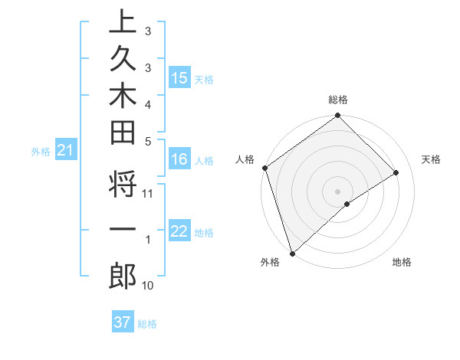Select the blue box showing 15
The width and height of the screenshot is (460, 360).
[x=179, y=77]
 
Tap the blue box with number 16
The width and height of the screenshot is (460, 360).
[x=179, y=159]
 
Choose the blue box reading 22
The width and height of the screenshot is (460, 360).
[x=179, y=232]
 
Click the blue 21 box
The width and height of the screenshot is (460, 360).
[x=66, y=152]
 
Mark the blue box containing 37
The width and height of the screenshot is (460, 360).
[x=122, y=322]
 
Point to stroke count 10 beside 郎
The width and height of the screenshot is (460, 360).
[x=148, y=285]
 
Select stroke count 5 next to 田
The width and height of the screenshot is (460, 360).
[x=148, y=140]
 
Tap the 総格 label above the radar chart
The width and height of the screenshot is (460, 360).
[x=338, y=100]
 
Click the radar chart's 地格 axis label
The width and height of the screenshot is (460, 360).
[x=402, y=262]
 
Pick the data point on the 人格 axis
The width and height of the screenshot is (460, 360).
[x=264, y=168]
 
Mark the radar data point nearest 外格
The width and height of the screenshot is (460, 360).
[x=292, y=253]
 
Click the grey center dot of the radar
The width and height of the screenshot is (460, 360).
[x=337, y=191]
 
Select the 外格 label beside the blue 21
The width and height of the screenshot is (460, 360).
[x=40, y=152]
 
